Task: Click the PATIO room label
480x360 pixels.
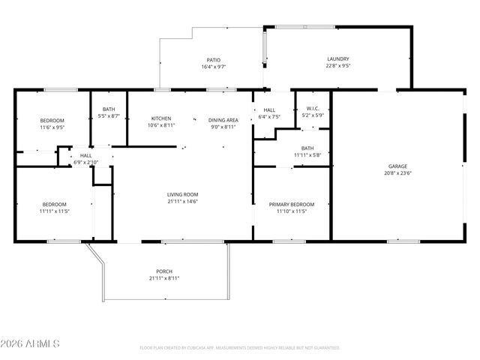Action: click(x=214, y=60)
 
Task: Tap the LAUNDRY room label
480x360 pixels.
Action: click(x=337, y=59)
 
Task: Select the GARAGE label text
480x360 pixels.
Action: click(x=397, y=166)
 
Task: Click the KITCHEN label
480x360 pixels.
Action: click(x=161, y=118)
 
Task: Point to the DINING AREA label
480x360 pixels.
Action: click(x=223, y=119)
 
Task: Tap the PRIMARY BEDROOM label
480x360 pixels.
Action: click(x=292, y=204)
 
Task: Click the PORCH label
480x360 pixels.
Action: click(x=164, y=271)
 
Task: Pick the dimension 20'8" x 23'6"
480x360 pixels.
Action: click(x=397, y=173)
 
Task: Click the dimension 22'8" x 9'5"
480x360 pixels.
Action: click(x=337, y=67)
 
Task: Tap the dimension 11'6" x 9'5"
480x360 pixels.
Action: click(x=52, y=127)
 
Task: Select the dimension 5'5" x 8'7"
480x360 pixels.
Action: click(x=109, y=116)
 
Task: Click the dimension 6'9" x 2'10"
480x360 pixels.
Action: click(x=86, y=162)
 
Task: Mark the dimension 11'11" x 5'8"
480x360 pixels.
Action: click(x=307, y=155)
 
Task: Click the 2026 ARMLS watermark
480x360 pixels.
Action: click(x=30, y=343)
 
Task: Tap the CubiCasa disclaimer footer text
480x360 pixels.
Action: click(x=239, y=348)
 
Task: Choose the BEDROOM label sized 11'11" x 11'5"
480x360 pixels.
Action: click(x=54, y=205)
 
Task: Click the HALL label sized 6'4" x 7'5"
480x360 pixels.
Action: click(x=269, y=109)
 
